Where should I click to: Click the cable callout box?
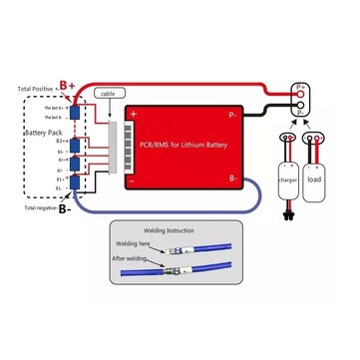108,93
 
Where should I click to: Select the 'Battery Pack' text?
35,131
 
